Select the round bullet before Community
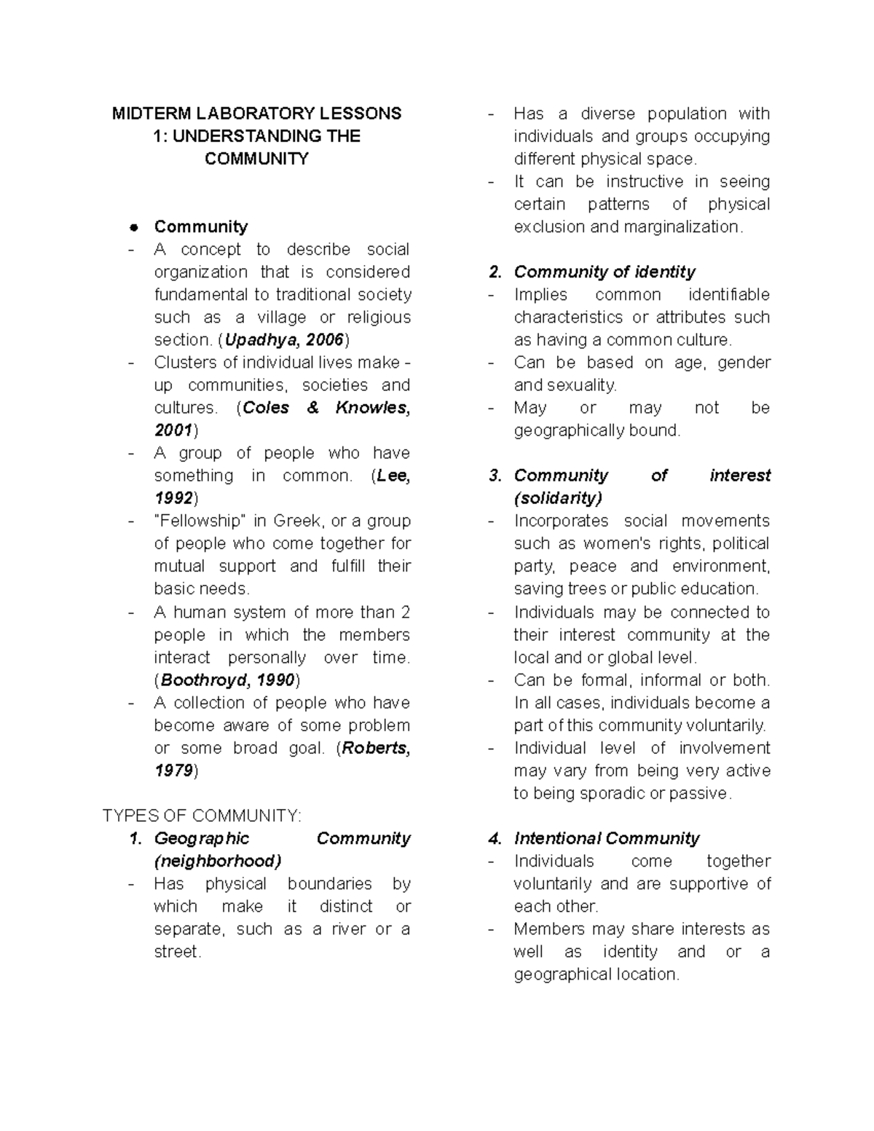click(x=133, y=227)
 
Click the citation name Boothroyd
click(x=205, y=680)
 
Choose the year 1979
click(x=173, y=771)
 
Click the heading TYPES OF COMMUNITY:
click(x=202, y=816)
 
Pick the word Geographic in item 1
click(x=202, y=839)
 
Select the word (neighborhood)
click(x=217, y=862)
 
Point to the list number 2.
click(x=495, y=272)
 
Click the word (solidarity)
click(x=558, y=498)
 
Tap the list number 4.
click(x=495, y=839)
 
